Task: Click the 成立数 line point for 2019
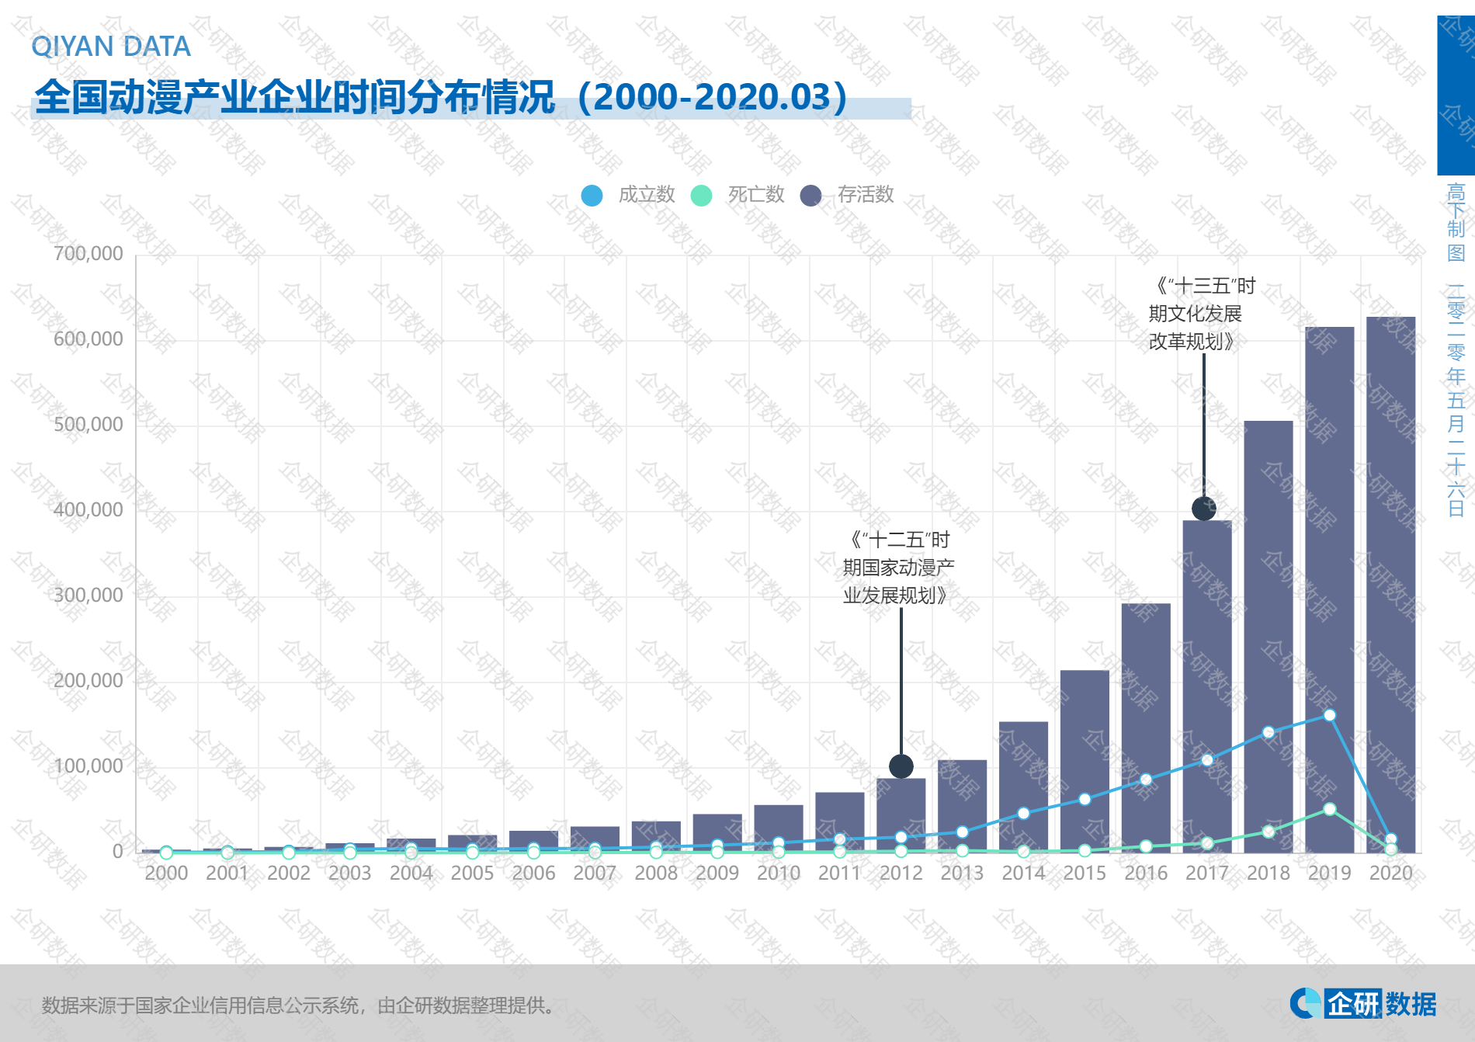coord(1329,715)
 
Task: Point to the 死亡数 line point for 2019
coord(1329,809)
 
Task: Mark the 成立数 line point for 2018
coord(1268,732)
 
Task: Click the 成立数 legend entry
coord(629,195)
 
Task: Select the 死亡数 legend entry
coord(738,195)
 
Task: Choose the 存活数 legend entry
coord(848,195)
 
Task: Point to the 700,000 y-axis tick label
coord(88,254)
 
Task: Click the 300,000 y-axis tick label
coord(88,596)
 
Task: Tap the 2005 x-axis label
coord(472,874)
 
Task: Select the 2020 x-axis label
coord(1390,874)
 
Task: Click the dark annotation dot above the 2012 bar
coord(901,766)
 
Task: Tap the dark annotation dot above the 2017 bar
coord(1203,509)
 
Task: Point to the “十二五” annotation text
coord(898,568)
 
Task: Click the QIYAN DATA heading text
coord(111,47)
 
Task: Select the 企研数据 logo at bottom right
coord(1363,1003)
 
